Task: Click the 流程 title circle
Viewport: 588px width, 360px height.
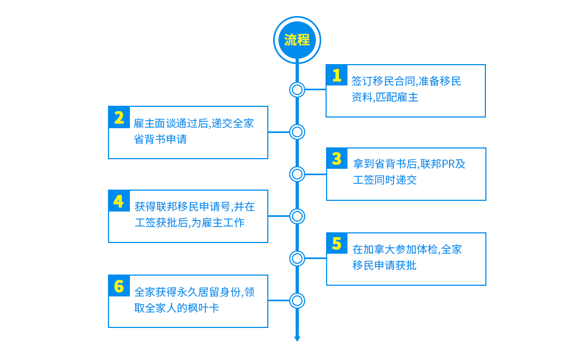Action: (x=297, y=40)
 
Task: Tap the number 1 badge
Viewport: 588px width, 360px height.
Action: (x=336, y=75)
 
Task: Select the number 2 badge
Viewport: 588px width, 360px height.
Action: (x=119, y=118)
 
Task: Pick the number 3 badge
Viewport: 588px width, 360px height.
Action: (x=337, y=159)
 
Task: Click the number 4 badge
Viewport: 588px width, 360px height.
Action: (x=119, y=201)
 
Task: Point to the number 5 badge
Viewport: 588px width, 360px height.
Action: (x=337, y=244)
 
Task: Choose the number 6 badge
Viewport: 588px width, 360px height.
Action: (x=119, y=286)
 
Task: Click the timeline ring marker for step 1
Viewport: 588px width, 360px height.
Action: (x=297, y=82)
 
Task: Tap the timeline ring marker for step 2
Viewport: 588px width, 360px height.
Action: (x=297, y=125)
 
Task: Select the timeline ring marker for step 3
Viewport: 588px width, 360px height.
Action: (x=297, y=167)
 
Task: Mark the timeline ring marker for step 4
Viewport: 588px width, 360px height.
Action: (x=297, y=209)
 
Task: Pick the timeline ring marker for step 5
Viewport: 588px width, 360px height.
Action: (x=297, y=251)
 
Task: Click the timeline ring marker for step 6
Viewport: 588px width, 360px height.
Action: (x=297, y=293)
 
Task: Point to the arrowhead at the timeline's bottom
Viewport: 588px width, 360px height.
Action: (x=297, y=339)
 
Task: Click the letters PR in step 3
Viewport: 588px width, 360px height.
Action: (x=448, y=164)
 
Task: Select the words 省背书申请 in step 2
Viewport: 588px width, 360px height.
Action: (x=160, y=139)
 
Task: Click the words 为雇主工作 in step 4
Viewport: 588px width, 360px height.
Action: (x=218, y=223)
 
